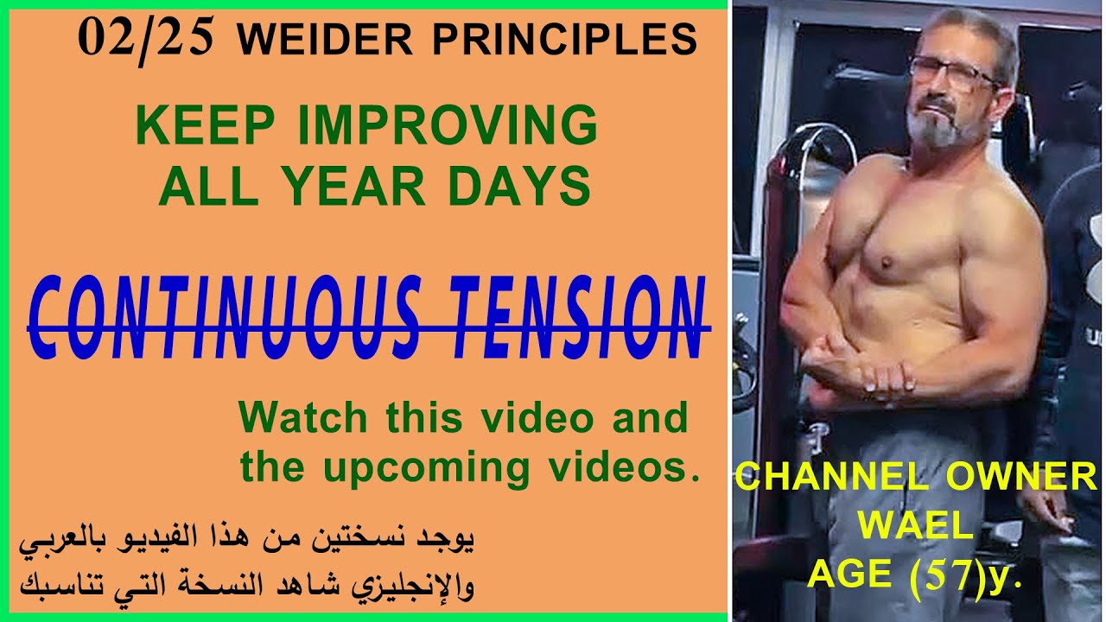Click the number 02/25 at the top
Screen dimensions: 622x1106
[x=145, y=39]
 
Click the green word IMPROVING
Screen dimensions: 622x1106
[x=448, y=127]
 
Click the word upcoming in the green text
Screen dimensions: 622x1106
[x=427, y=468]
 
